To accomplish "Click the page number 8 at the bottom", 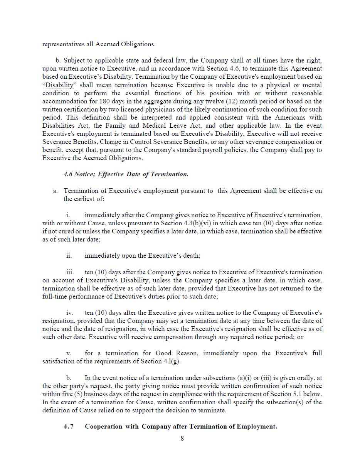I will point(182,438).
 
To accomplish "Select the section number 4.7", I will point(69,426).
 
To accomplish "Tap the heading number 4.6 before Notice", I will point(68,174).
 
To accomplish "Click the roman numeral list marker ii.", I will point(69,255).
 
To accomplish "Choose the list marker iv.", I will point(69,312).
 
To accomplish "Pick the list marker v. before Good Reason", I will point(69,353).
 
